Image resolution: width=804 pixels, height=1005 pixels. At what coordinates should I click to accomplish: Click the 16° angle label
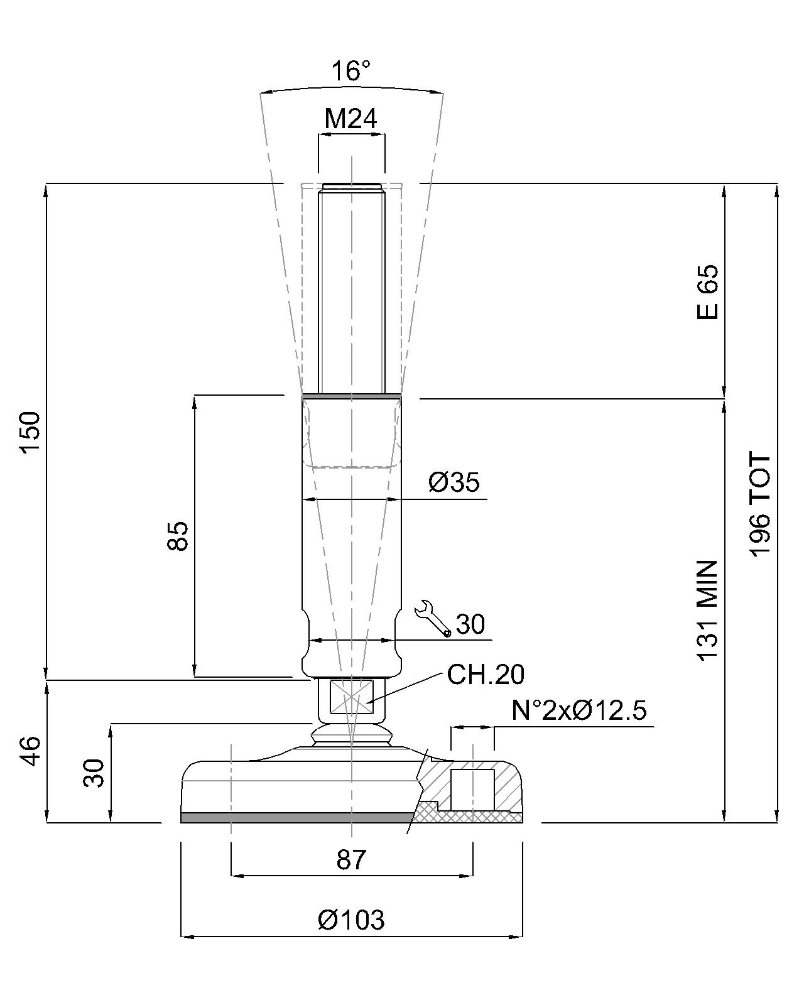point(351,71)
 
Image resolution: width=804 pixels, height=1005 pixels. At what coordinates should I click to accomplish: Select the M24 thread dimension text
point(351,119)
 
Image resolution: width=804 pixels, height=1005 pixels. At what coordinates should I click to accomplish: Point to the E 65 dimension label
point(707,292)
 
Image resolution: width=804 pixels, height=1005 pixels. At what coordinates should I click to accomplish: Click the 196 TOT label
point(760,504)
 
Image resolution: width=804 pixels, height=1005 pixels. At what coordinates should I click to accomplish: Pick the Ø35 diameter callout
point(454,482)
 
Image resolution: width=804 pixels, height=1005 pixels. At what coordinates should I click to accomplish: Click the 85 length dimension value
point(178,536)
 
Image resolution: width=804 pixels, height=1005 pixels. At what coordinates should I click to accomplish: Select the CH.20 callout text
point(486,675)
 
